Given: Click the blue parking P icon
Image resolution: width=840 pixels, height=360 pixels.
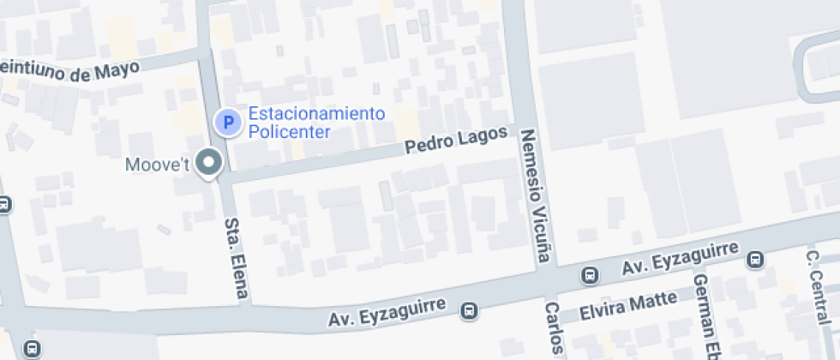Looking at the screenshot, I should (x=228, y=123).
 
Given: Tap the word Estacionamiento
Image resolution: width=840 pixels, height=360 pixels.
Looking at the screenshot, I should (x=316, y=114).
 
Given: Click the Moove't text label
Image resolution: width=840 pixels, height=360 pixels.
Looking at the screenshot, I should (x=157, y=165).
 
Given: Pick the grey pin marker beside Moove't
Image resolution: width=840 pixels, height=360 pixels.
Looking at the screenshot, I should (x=208, y=161).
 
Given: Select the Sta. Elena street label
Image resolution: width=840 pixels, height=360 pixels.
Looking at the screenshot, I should (x=236, y=259).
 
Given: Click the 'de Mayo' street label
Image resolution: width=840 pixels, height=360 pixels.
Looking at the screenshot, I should (x=105, y=72).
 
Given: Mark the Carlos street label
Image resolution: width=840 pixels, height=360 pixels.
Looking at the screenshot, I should (x=554, y=329).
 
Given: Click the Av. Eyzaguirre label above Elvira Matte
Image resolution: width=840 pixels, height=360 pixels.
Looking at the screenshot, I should (x=681, y=256).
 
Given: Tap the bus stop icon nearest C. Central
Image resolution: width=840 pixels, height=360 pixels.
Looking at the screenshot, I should (x=755, y=258).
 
